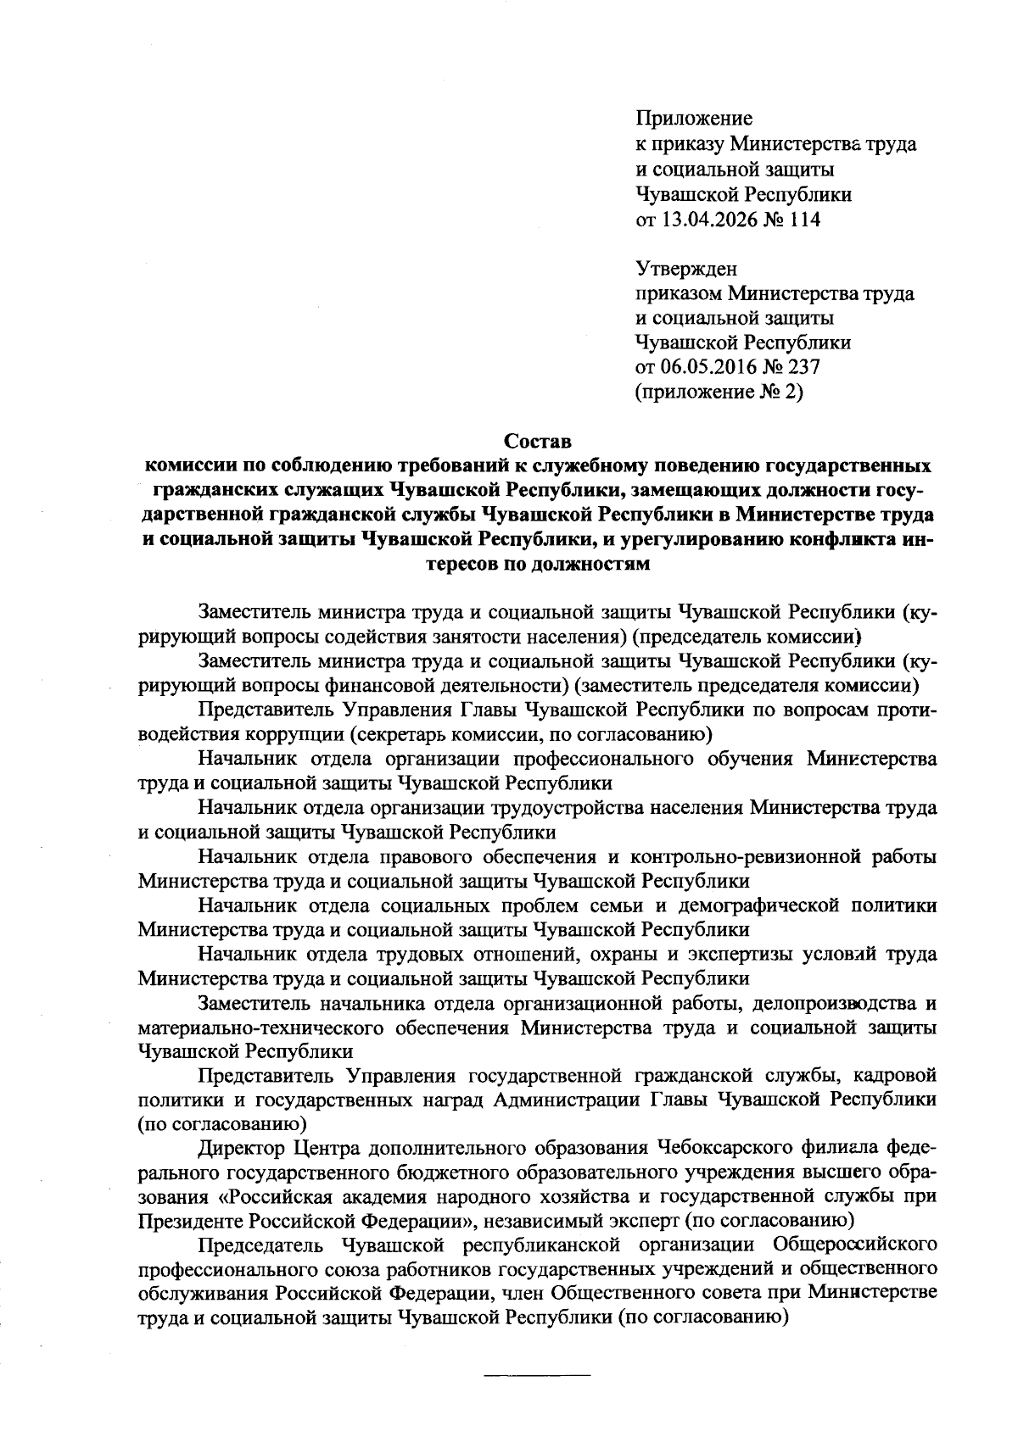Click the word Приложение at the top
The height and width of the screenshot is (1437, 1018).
coord(694,119)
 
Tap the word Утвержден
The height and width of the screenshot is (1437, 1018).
coord(686,270)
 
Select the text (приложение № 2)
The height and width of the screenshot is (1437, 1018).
coord(718,392)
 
